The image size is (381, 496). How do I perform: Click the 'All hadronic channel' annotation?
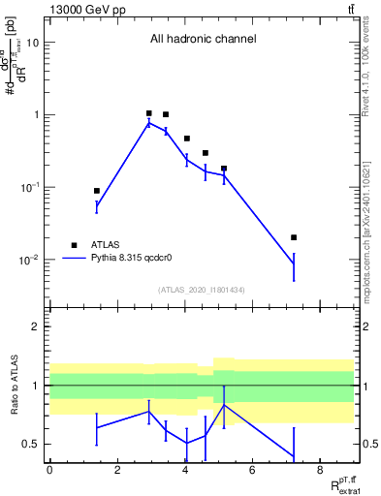click(203, 40)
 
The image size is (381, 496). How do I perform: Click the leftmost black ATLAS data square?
click(97, 191)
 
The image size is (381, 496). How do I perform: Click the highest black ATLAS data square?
click(148, 113)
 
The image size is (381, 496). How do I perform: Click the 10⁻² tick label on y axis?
click(29, 260)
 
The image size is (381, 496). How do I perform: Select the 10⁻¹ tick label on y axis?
click(29, 187)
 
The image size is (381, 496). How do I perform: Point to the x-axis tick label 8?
click(320, 470)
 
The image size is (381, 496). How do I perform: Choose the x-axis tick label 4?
click(185, 470)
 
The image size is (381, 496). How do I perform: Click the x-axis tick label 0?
click(49, 470)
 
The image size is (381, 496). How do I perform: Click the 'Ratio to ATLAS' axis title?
click(15, 386)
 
